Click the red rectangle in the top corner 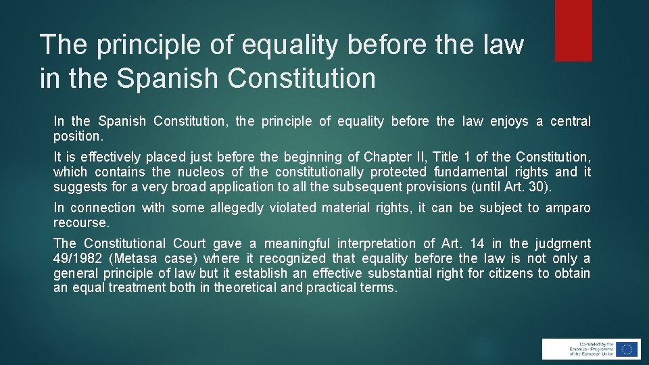pos(573,30)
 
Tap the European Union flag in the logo pos(627,349)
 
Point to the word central pos(571,122)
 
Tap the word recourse pos(80,222)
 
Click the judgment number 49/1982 pos(76,258)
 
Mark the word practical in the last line pos(333,288)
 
